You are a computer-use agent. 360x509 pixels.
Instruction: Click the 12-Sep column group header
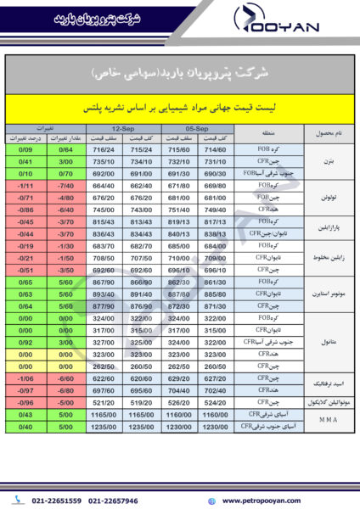coord(123,127)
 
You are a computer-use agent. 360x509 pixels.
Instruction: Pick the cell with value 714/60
coord(216,149)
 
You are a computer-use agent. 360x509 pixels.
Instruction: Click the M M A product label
coord(328,420)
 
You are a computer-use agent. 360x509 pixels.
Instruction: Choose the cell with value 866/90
coord(142,280)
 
